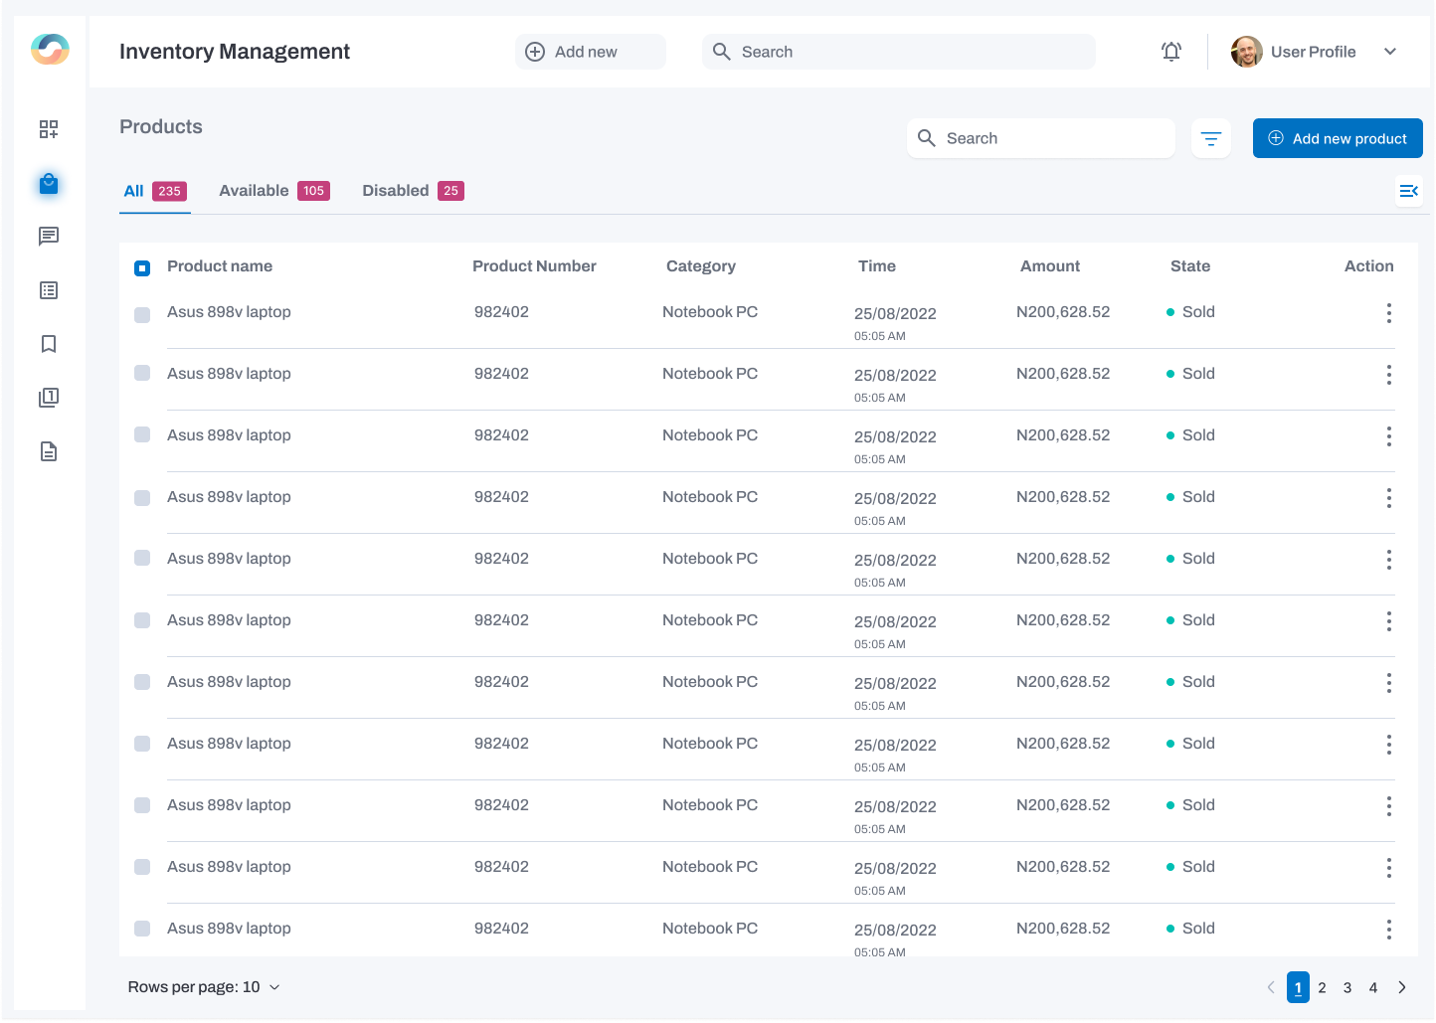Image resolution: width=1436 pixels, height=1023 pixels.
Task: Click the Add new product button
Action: click(x=1337, y=138)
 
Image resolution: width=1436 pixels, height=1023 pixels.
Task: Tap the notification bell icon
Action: click(x=1171, y=52)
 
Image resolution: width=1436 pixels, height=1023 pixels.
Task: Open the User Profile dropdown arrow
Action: click(x=1390, y=52)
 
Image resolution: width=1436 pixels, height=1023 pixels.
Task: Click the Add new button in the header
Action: click(x=590, y=52)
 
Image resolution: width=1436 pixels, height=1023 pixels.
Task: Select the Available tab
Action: click(x=254, y=191)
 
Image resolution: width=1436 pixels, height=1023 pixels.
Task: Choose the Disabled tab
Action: click(x=395, y=191)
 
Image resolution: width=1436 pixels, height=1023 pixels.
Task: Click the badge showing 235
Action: click(x=169, y=191)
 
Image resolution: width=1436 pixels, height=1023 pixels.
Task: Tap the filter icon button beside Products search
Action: click(x=1210, y=138)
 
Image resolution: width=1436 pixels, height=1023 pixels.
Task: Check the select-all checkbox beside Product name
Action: click(x=142, y=267)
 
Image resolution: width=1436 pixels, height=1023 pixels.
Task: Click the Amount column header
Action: click(x=1049, y=266)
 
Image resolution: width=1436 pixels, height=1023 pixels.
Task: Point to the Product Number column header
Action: click(x=534, y=266)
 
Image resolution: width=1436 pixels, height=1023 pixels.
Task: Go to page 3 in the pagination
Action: click(x=1347, y=987)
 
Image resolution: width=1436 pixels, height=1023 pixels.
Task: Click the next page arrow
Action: click(x=1402, y=987)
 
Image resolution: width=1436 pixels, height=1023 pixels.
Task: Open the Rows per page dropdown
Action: click(x=204, y=987)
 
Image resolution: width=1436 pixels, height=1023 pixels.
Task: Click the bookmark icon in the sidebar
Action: click(x=49, y=344)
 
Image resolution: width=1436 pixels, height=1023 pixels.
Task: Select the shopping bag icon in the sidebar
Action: click(x=49, y=184)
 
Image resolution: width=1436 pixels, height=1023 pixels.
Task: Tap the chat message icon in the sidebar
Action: click(x=49, y=237)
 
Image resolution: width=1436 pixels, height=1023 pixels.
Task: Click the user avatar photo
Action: click(x=1246, y=52)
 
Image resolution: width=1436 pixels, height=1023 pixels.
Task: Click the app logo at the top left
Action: click(x=50, y=49)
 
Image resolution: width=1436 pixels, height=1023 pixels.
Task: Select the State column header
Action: click(x=1189, y=266)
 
